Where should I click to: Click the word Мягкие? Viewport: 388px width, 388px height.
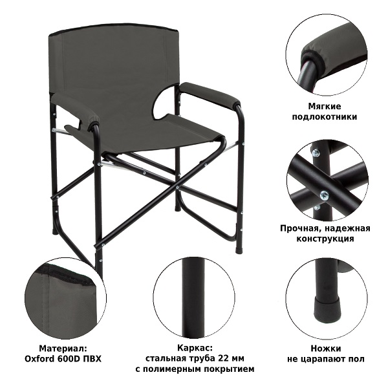(x=325, y=107)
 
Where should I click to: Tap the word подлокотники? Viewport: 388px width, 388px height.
(x=325, y=116)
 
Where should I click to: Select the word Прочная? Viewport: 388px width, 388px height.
(x=300, y=228)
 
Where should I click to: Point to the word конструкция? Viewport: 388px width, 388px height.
(x=325, y=239)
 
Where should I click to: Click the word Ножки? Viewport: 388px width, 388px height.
(x=326, y=349)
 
